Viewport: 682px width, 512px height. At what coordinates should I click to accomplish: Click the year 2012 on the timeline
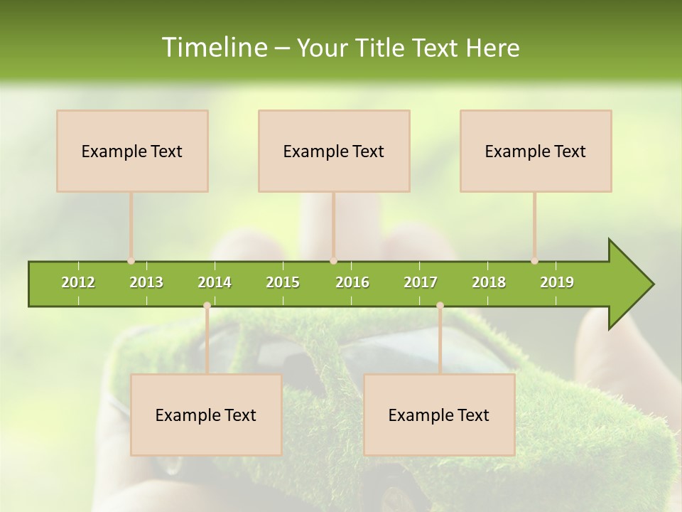[x=78, y=282]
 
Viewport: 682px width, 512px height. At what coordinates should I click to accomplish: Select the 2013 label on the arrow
[x=146, y=282]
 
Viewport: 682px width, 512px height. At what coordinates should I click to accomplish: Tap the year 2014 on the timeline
[x=215, y=282]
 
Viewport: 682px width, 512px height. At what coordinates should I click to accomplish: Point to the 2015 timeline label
[x=283, y=282]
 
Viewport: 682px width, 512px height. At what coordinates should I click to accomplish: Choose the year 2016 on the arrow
[x=352, y=282]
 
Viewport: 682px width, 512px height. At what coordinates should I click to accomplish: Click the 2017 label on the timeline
[x=421, y=282]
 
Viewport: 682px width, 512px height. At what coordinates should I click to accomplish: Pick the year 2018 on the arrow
[x=489, y=282]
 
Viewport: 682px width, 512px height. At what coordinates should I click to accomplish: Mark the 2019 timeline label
[x=557, y=282]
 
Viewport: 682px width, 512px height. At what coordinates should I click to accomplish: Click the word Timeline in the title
[x=213, y=48]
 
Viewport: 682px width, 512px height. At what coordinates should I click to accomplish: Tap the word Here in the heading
[x=492, y=48]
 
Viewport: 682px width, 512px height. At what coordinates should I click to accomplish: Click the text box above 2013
[x=132, y=151]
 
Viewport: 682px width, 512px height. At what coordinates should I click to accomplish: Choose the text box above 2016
[x=334, y=151]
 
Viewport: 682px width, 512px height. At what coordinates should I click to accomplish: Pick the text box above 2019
[x=536, y=151]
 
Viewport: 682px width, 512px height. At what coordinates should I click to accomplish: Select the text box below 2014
[x=206, y=415]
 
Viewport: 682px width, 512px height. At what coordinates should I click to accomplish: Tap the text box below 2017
[x=439, y=415]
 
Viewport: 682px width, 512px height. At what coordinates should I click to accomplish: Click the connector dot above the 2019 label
[x=534, y=261]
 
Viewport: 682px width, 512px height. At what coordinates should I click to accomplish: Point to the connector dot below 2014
[x=207, y=306]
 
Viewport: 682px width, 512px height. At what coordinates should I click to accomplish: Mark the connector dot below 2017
[x=440, y=306]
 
